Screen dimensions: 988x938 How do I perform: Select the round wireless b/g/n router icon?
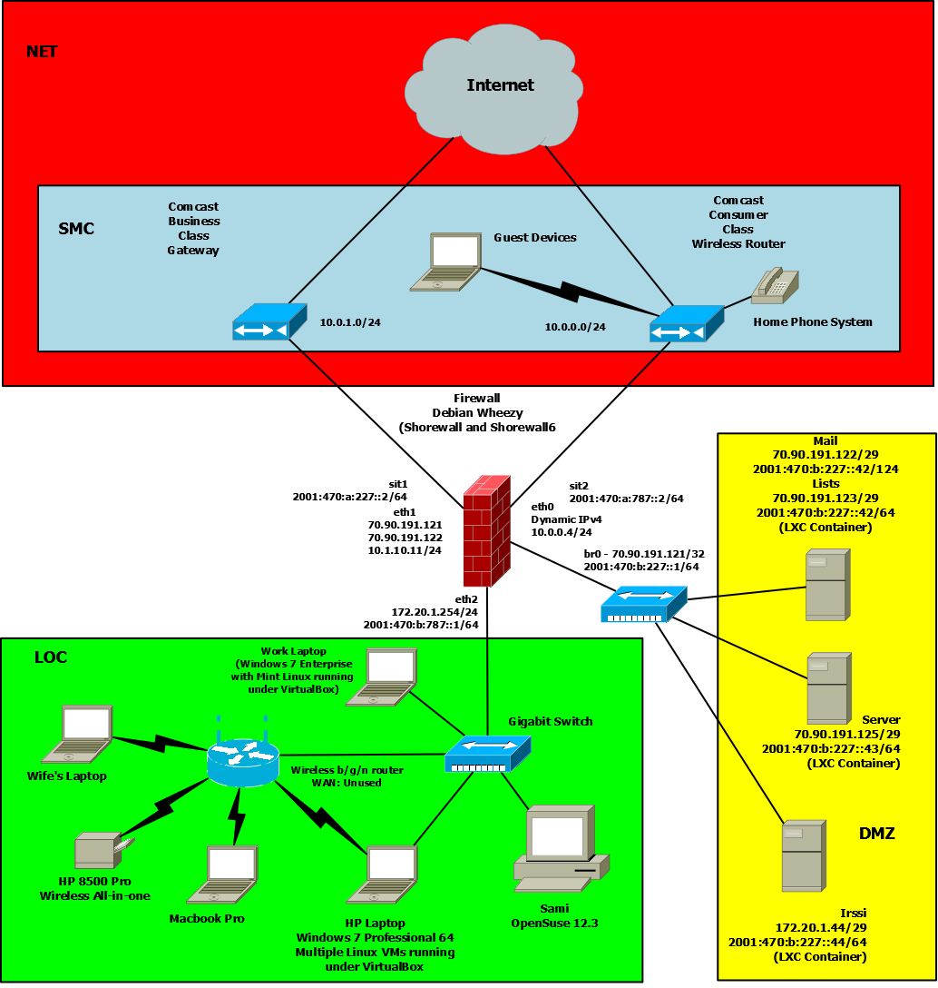(240, 760)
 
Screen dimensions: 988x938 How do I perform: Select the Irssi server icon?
(803, 856)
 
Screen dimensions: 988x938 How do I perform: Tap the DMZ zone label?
(876, 834)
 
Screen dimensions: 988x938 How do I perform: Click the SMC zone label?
(76, 229)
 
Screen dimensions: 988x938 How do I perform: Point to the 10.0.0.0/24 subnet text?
(575, 327)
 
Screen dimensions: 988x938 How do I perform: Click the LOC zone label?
(51, 657)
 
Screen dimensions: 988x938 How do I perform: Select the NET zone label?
(42, 52)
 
